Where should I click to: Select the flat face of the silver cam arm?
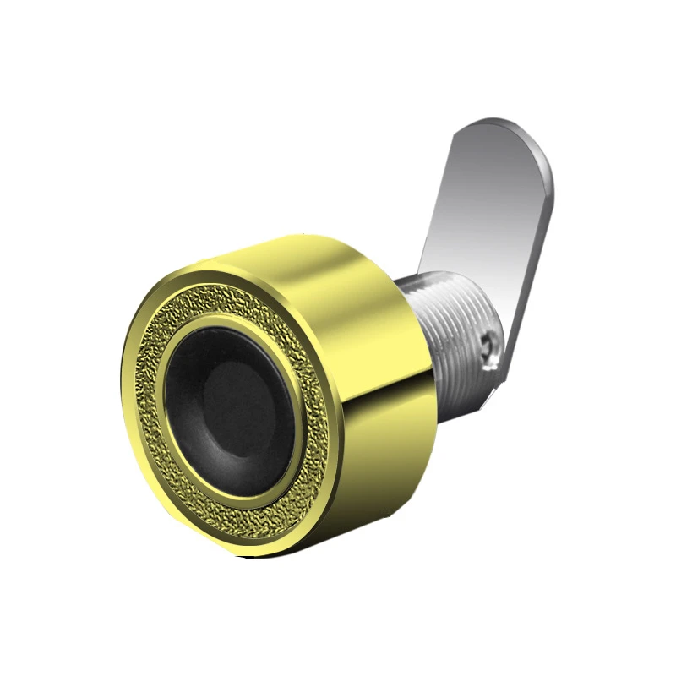click(x=490, y=220)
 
